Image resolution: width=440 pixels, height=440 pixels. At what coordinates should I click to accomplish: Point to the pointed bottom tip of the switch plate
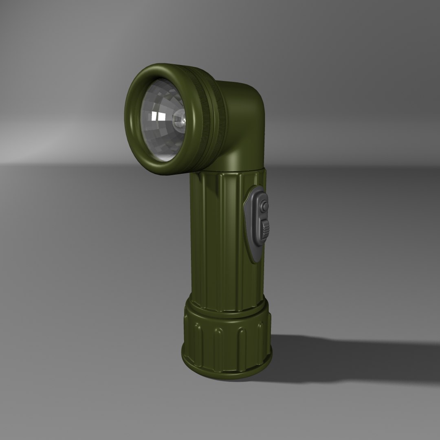(x=255, y=261)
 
